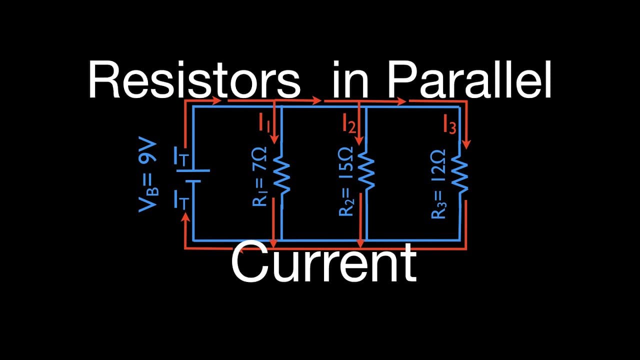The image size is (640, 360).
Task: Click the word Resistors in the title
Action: tap(194, 79)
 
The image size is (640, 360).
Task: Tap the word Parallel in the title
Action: tap(469, 79)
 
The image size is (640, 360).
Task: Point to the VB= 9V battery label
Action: tap(148, 174)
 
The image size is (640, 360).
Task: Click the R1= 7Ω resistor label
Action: tap(259, 176)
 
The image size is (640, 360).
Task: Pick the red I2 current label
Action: tap(349, 123)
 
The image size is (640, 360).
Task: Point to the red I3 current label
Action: tap(449, 124)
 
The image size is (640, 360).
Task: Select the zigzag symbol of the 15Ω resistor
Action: tap(366, 170)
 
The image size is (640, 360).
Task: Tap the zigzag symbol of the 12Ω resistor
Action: tap(459, 174)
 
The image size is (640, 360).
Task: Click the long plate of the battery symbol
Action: tap(193, 170)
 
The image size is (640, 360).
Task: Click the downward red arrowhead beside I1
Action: tap(274, 139)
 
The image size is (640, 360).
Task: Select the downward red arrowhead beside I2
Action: tap(359, 140)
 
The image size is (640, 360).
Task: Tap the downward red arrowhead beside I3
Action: tap(466, 144)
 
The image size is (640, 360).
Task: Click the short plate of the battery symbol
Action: tap(193, 181)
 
